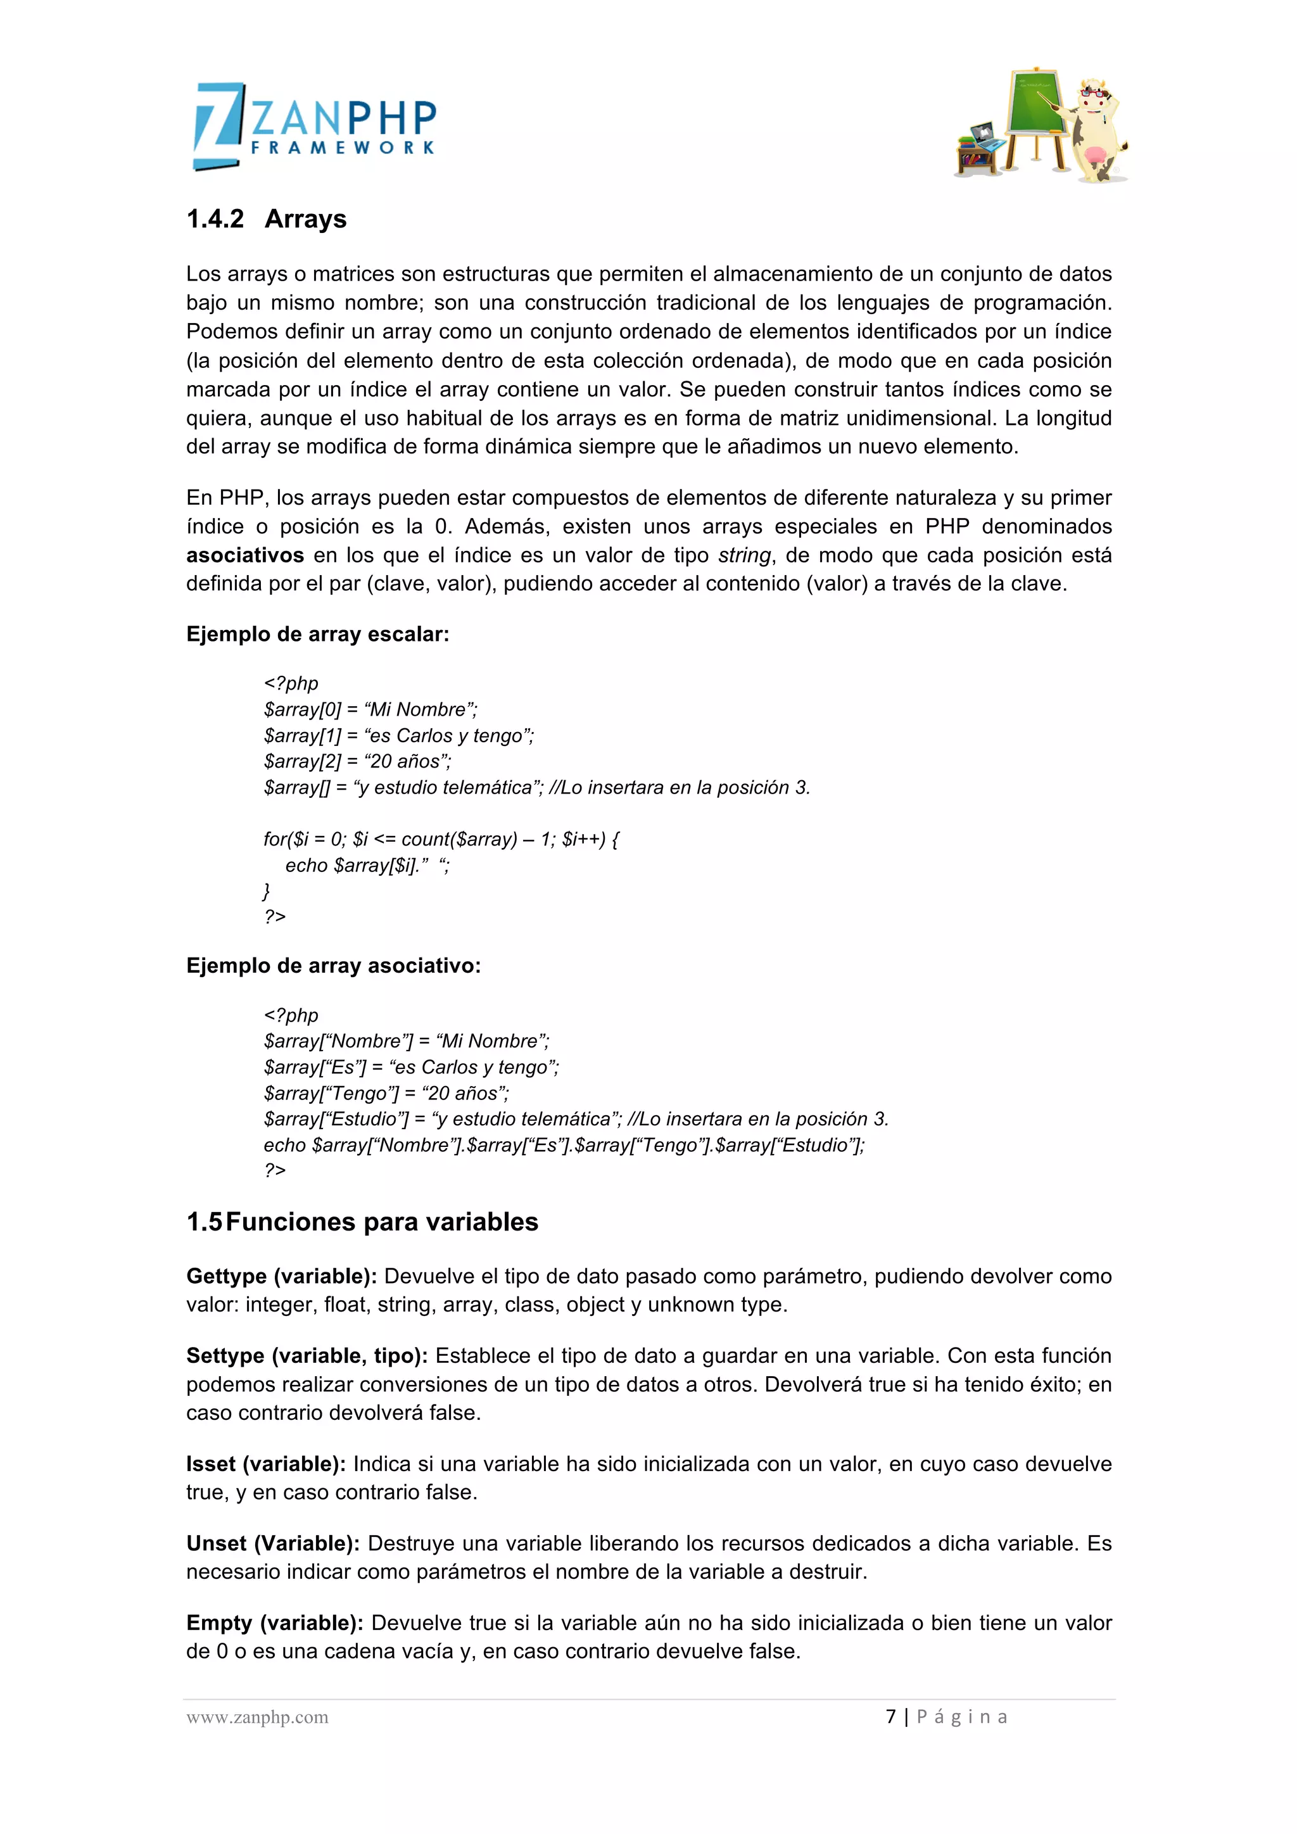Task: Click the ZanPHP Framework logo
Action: pos(315,126)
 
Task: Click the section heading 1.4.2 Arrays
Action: pos(266,219)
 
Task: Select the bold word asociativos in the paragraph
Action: pos(244,555)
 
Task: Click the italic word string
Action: pos(744,555)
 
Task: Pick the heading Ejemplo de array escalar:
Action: pos(317,634)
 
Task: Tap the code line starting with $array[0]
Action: pos(370,709)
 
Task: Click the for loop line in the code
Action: pos(441,838)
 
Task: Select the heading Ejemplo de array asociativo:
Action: pos(333,966)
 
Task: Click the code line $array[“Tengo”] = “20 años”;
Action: pos(386,1092)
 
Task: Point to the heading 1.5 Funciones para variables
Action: pos(362,1222)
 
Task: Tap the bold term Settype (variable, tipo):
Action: pos(307,1355)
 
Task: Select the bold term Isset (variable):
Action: pos(265,1464)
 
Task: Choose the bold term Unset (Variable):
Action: pos(272,1543)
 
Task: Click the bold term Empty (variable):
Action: pos(275,1622)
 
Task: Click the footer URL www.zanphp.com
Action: pos(257,1717)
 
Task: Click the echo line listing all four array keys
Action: pos(564,1144)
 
